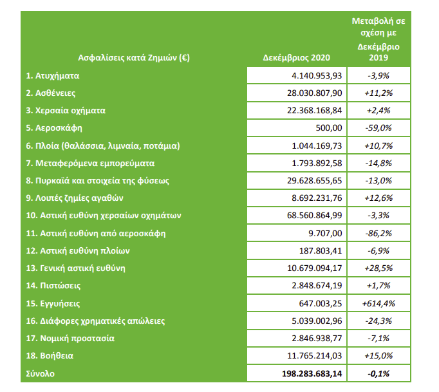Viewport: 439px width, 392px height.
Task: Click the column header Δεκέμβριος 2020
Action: click(x=297, y=57)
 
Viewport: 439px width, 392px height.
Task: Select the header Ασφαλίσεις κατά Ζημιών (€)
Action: click(x=134, y=57)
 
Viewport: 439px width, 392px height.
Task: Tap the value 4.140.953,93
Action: click(x=316, y=75)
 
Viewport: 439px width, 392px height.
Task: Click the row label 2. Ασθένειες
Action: click(x=50, y=93)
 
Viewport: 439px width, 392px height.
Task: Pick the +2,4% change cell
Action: click(x=377, y=110)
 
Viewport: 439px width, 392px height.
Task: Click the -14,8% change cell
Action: click(x=377, y=163)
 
